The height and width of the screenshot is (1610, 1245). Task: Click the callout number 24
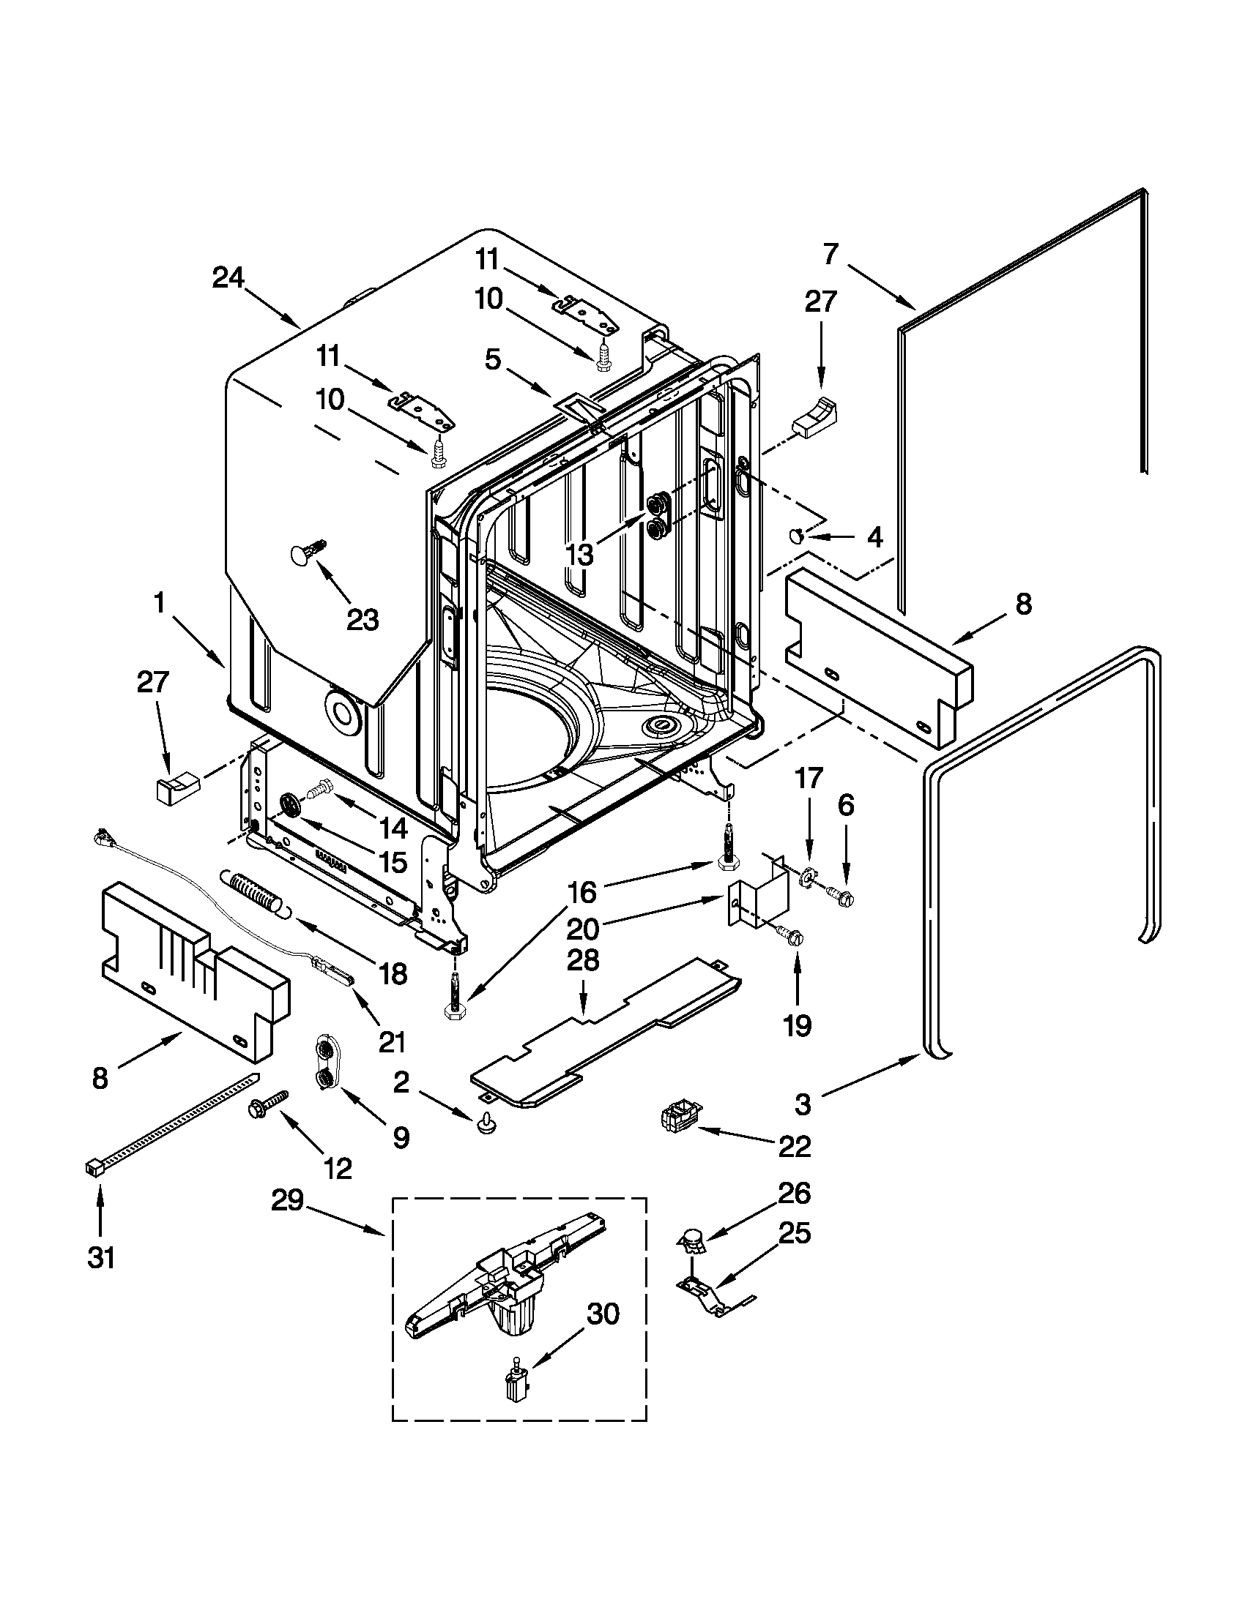click(x=228, y=278)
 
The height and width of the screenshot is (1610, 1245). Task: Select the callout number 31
click(x=101, y=1257)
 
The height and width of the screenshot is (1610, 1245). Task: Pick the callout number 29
click(x=287, y=1201)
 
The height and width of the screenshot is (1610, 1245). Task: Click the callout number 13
click(x=581, y=555)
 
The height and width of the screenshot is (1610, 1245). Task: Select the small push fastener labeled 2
click(x=485, y=1123)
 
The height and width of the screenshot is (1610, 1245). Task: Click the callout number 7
click(x=830, y=255)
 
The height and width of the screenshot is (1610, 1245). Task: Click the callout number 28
click(x=583, y=961)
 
